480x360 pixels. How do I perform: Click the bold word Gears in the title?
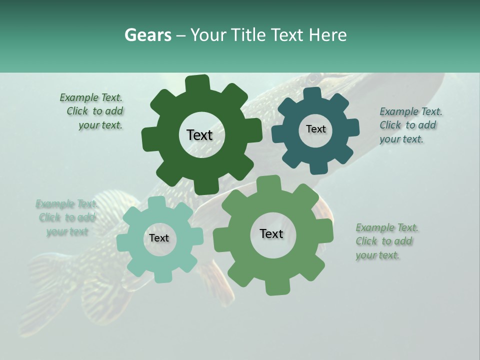[x=147, y=35]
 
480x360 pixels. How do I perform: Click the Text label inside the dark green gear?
[x=199, y=135]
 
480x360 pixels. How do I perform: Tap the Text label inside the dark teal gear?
[x=315, y=129]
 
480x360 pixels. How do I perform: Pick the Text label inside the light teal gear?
[x=159, y=238]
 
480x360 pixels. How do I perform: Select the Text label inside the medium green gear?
[x=271, y=233]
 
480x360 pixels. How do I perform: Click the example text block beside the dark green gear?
[x=92, y=111]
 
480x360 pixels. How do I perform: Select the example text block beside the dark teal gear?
[x=410, y=125]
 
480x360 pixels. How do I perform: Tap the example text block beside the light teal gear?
[x=66, y=217]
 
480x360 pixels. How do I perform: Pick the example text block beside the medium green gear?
[x=386, y=241]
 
